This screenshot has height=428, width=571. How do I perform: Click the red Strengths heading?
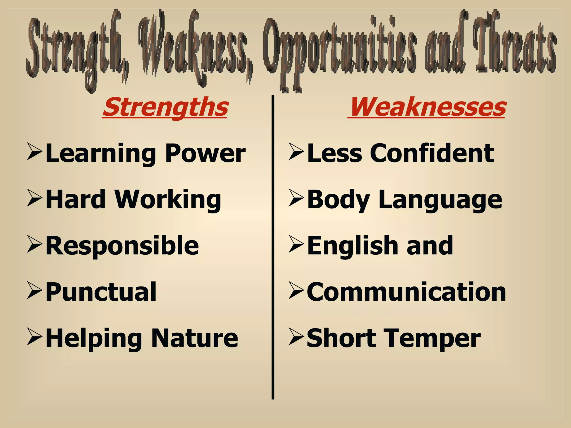[165, 108]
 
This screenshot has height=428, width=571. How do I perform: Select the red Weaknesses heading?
[427, 108]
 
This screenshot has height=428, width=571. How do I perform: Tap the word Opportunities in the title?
[340, 47]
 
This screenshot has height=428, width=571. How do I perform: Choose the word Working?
[168, 200]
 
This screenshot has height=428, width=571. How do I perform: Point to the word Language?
[440, 200]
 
